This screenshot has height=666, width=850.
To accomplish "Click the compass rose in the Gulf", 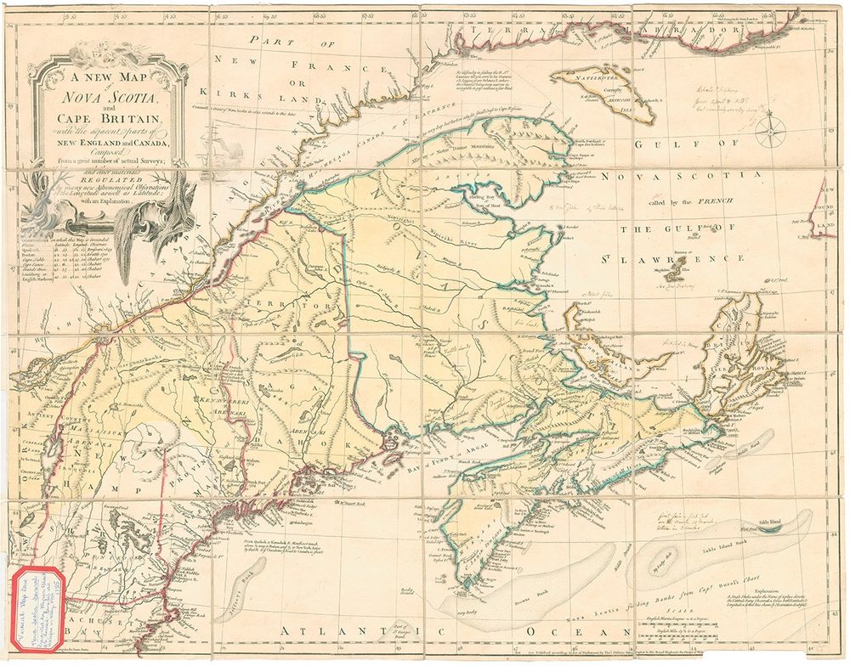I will click(773, 130).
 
